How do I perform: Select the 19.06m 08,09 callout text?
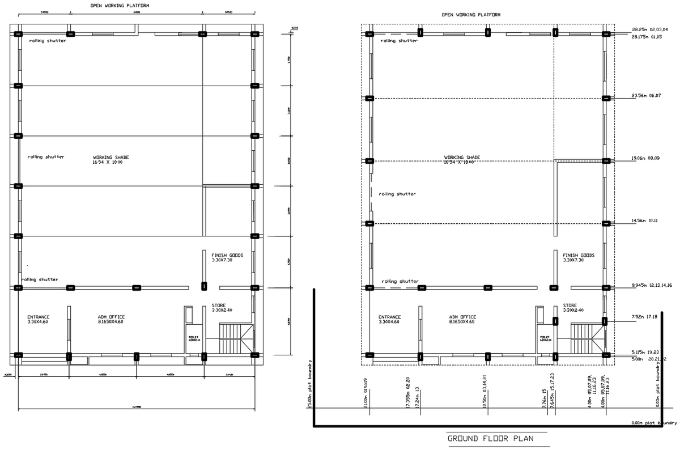click(645, 159)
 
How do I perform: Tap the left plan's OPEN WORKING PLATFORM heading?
click(120, 5)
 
